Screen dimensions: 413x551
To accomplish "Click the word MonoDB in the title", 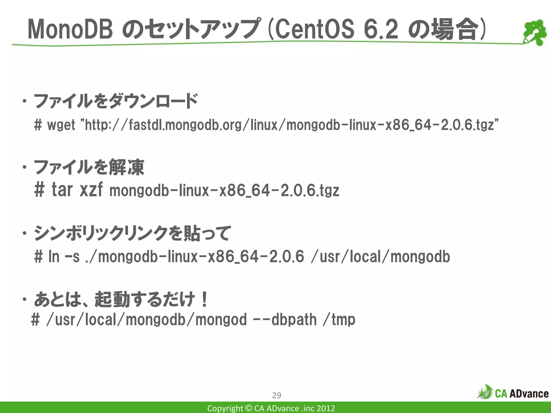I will (70, 30).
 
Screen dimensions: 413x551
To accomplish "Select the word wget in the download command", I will (61, 125).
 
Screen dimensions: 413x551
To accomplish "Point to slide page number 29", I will (277, 395).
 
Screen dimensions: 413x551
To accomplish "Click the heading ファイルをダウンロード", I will (116, 101).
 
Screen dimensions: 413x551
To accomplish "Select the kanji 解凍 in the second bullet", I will (126, 167).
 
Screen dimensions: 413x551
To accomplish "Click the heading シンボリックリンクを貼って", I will (132, 233).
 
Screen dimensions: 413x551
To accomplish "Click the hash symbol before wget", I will (38, 125).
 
